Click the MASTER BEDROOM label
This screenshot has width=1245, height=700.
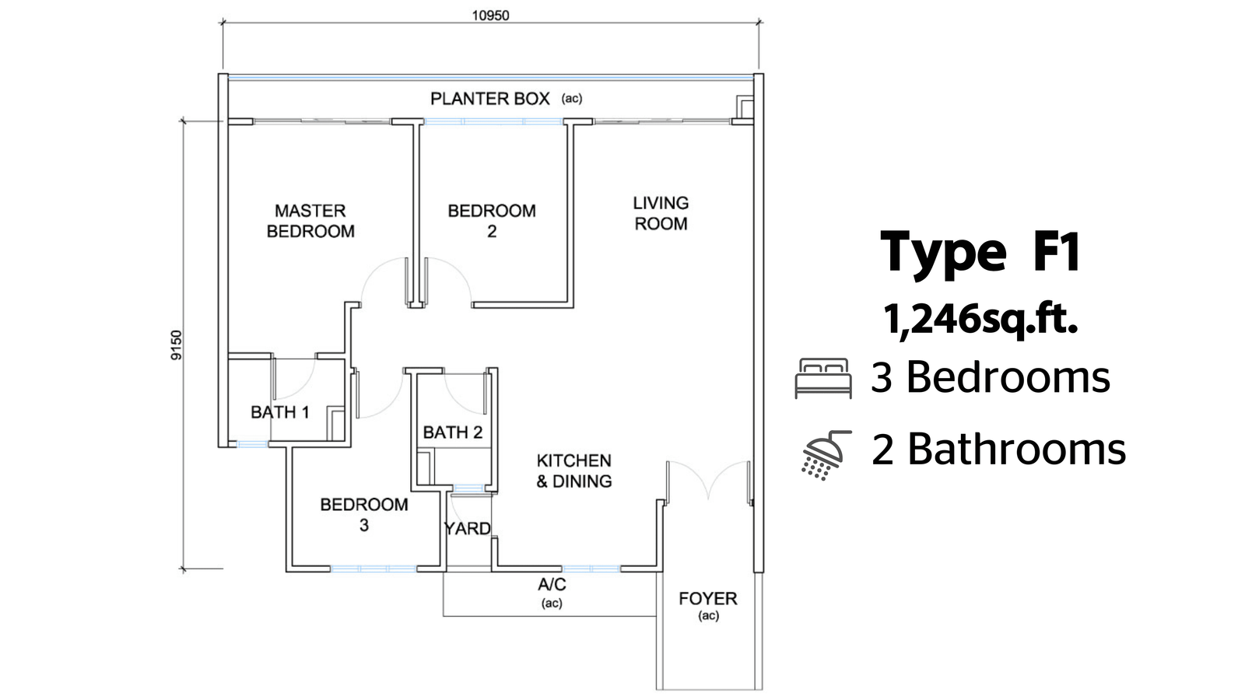tap(310, 221)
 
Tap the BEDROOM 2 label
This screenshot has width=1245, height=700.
tap(492, 221)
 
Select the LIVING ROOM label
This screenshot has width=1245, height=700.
tap(661, 213)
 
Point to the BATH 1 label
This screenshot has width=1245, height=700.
tap(279, 412)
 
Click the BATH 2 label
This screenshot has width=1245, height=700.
tap(453, 432)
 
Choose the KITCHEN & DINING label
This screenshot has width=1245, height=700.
tap(574, 471)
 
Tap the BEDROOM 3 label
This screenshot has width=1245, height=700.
tap(364, 514)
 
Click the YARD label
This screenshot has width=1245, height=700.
tap(467, 529)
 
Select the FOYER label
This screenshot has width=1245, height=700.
tap(707, 599)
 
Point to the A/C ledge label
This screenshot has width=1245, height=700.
tap(552, 585)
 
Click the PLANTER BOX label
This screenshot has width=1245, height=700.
tap(490, 99)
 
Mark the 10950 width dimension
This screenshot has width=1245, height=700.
tap(490, 15)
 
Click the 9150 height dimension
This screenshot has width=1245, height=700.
tap(177, 345)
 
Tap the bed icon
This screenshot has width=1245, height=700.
tap(822, 378)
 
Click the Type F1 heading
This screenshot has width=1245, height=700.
tap(980, 251)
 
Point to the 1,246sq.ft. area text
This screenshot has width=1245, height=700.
tap(980, 319)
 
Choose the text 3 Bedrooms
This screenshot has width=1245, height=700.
tap(990, 377)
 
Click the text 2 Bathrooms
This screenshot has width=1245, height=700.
tap(998, 450)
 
